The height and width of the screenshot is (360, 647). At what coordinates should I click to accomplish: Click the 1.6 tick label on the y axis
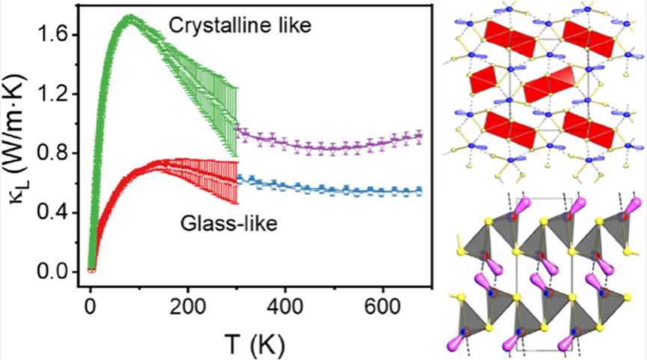tap(58, 34)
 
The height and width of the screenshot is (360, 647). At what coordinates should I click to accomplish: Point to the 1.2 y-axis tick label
tap(58, 94)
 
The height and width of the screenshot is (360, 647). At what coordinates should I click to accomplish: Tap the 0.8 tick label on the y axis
tap(58, 153)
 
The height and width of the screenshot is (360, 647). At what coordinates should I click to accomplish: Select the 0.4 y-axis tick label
tap(58, 213)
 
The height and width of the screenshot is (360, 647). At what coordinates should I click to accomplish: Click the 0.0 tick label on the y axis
tap(58, 272)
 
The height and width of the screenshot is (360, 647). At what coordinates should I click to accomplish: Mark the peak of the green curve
tap(130, 16)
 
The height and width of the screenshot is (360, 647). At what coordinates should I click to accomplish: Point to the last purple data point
tap(419, 136)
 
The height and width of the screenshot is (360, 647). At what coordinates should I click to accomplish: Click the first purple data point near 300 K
tap(239, 129)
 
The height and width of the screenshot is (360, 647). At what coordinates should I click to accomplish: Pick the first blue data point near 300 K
tap(239, 179)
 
